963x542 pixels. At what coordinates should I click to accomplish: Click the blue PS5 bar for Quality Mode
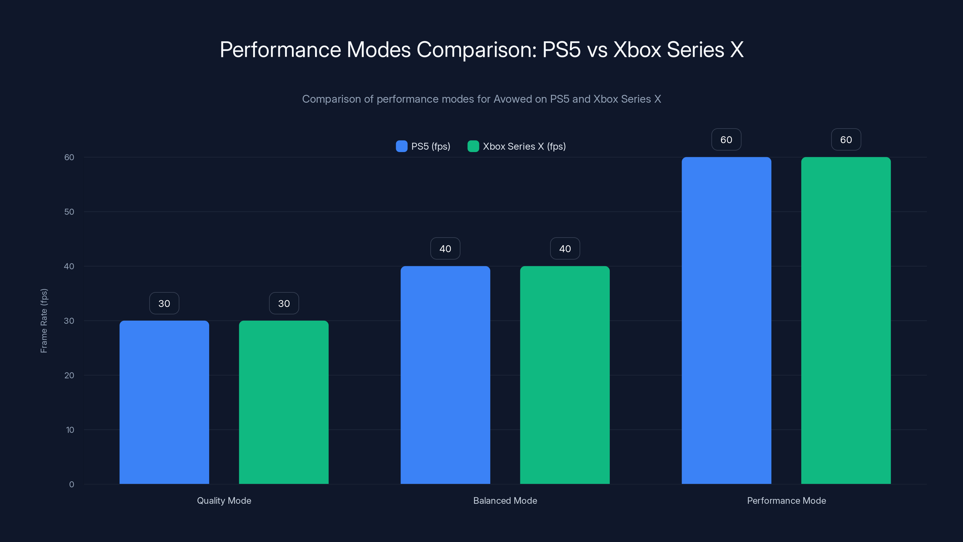click(x=164, y=402)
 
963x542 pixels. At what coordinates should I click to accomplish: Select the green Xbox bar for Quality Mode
click(x=284, y=402)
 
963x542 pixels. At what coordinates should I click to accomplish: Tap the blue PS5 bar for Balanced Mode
click(x=445, y=375)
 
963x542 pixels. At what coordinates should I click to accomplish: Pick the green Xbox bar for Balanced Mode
click(x=565, y=375)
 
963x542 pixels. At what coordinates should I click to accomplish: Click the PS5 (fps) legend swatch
click(x=401, y=146)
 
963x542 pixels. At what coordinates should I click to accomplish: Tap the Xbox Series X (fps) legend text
click(x=524, y=146)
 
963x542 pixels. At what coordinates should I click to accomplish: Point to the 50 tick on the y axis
click(x=69, y=212)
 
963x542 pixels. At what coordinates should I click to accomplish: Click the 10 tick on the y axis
click(x=70, y=430)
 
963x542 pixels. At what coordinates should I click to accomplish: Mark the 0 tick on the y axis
click(x=71, y=484)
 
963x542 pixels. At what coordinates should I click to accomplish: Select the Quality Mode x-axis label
click(x=224, y=500)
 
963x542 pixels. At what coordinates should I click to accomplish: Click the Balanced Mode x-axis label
click(x=505, y=500)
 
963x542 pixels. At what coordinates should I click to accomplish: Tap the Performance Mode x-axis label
click(x=786, y=500)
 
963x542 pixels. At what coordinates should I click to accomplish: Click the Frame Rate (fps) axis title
click(x=44, y=321)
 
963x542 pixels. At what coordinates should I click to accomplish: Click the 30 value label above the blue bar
click(x=164, y=303)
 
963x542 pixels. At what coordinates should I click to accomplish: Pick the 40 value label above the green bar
click(x=565, y=249)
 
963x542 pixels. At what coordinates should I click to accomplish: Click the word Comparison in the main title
click(x=476, y=50)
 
